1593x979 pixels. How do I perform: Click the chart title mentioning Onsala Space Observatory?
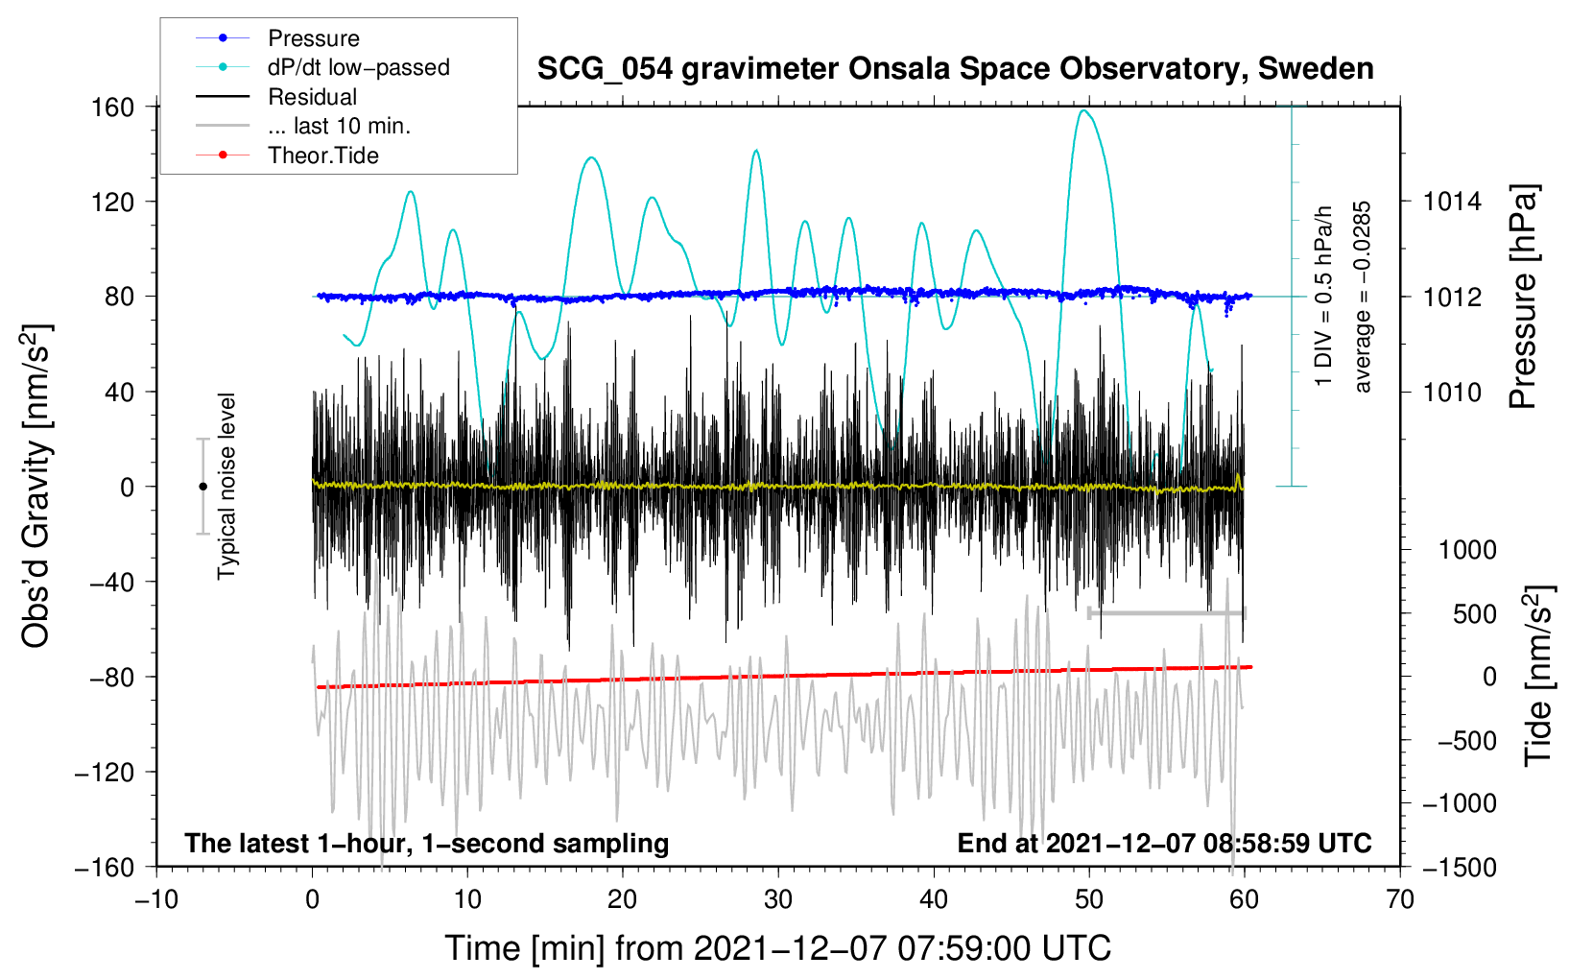(x=955, y=69)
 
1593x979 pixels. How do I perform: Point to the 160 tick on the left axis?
(x=113, y=107)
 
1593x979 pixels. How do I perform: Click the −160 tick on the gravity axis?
(x=105, y=868)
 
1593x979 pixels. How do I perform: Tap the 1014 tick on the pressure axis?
(x=1452, y=202)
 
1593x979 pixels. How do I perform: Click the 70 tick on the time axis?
(x=1399, y=900)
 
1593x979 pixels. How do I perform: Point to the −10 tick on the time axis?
(x=156, y=900)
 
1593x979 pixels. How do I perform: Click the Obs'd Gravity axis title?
(x=36, y=487)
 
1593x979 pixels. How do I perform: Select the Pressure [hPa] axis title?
(x=1523, y=297)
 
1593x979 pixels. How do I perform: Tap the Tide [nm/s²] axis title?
(x=1538, y=676)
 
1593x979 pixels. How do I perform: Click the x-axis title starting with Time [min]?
(x=778, y=948)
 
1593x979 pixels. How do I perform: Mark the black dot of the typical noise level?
(x=202, y=487)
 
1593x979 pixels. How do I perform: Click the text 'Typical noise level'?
(x=226, y=487)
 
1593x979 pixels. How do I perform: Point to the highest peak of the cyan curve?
(x=1083, y=110)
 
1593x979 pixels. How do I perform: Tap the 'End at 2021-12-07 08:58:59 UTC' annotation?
(x=1164, y=843)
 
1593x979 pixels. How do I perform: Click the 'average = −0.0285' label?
(x=1362, y=297)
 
